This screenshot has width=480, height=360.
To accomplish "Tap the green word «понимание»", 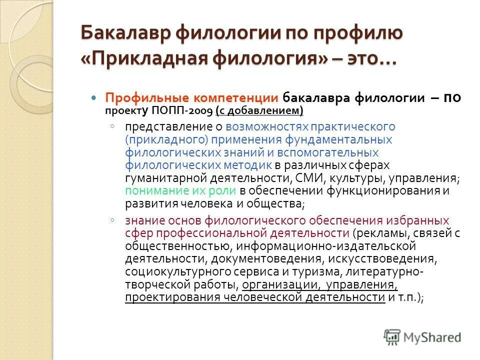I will [x=157, y=191].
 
